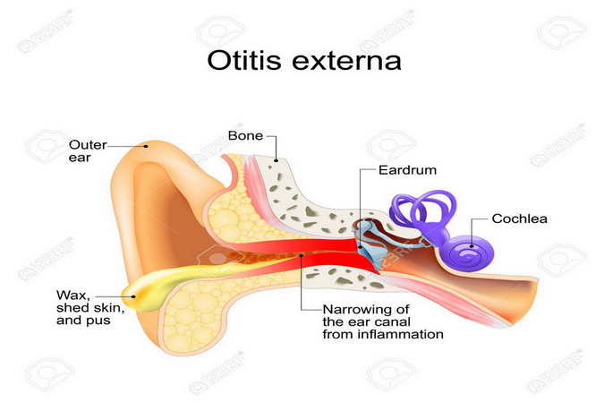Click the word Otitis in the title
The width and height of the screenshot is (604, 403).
coord(244,60)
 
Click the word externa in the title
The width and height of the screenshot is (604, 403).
coord(346,62)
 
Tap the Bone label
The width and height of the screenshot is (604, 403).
coord(245,136)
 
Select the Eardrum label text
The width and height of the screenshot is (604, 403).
coord(407,170)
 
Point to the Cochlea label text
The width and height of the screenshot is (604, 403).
coord(519,219)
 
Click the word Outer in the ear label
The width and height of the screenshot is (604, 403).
coord(88,145)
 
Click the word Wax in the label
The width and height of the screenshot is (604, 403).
coord(73,296)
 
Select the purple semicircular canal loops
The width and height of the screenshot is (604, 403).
coord(421,211)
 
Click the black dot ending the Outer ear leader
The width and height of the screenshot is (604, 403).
coord(146,146)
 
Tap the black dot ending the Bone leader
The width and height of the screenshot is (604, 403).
coord(276,160)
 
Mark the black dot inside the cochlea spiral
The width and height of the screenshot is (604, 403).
coord(472,245)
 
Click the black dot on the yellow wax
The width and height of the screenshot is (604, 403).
coord(133,296)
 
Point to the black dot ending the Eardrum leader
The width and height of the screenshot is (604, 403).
coord(361,247)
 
